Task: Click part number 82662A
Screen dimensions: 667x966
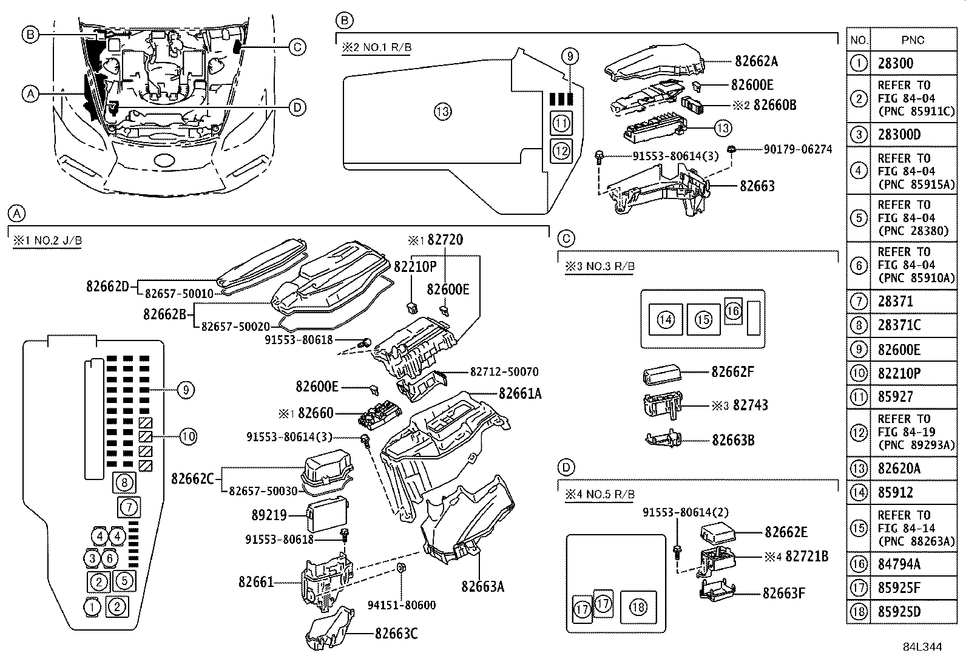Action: [756, 61]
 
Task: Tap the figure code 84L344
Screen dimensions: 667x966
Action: [922, 647]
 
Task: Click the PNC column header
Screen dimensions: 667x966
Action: [913, 40]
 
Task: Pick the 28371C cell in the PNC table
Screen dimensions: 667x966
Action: [899, 325]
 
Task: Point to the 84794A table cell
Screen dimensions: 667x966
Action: [899, 564]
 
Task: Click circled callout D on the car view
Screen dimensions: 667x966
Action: [297, 108]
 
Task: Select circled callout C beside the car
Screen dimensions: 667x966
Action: [297, 47]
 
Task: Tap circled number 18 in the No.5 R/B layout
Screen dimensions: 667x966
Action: [638, 606]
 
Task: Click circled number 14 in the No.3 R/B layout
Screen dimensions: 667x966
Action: [666, 319]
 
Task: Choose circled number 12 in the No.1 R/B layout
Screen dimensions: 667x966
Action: [561, 149]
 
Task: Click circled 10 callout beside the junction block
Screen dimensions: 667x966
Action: [188, 436]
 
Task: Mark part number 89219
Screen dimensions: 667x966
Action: [269, 515]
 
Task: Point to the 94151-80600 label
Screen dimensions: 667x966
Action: [402, 605]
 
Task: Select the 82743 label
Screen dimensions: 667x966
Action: [750, 405]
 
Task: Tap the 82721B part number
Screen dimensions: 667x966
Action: [806, 557]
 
